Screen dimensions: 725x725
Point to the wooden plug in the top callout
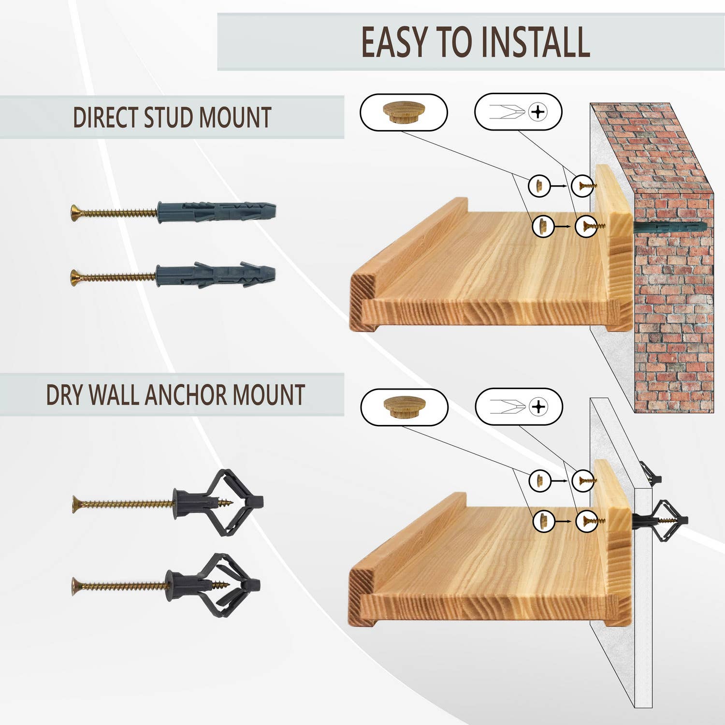(404, 112)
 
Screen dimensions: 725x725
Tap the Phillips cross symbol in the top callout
(537, 112)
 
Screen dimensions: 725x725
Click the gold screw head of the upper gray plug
(75, 213)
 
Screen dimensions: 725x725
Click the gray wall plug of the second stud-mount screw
(216, 275)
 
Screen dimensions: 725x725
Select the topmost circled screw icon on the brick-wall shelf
(583, 186)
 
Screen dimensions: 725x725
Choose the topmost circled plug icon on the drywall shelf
(539, 480)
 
